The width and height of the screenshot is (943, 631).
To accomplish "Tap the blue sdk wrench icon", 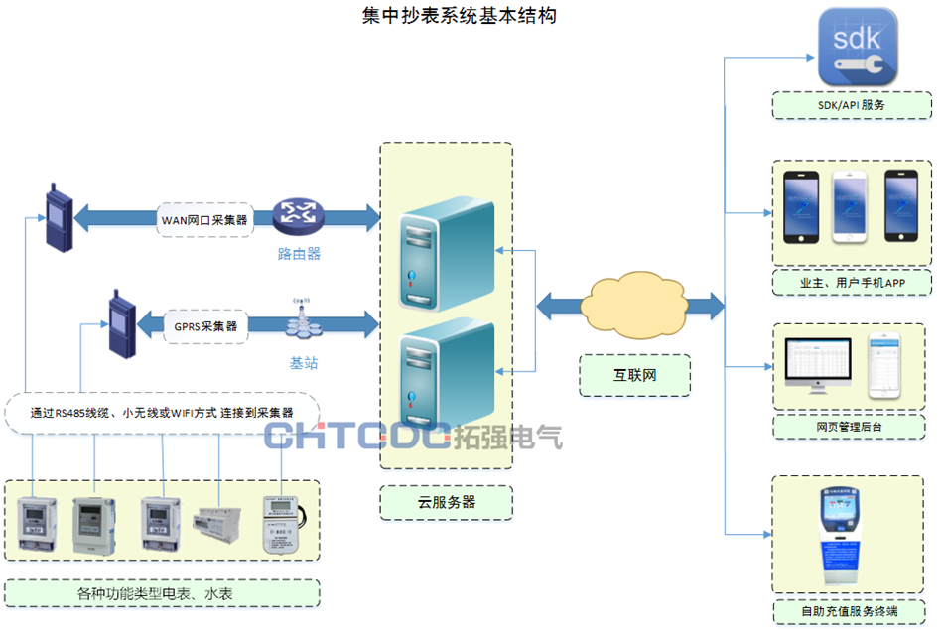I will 857,47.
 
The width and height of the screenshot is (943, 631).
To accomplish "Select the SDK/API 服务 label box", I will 852,104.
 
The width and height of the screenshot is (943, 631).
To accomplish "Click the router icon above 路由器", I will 300,212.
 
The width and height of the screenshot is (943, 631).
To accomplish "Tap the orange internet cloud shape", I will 634,304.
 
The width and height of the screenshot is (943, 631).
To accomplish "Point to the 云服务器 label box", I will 446,502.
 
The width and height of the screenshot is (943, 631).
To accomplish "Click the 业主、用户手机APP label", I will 852,284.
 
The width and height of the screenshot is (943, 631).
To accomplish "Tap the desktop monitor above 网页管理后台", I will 819,369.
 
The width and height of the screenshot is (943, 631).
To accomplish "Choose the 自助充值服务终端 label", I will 852,611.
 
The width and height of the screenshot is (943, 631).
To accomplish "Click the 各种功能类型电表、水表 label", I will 162,593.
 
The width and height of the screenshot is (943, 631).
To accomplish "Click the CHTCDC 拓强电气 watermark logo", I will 413,435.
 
